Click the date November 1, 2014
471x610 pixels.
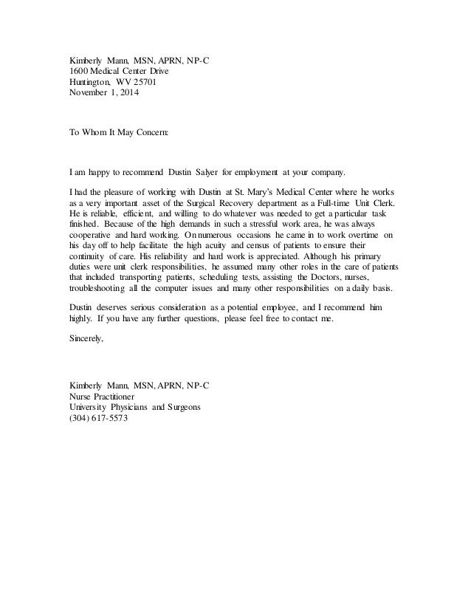tap(103, 94)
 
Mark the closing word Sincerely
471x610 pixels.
tap(87, 340)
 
